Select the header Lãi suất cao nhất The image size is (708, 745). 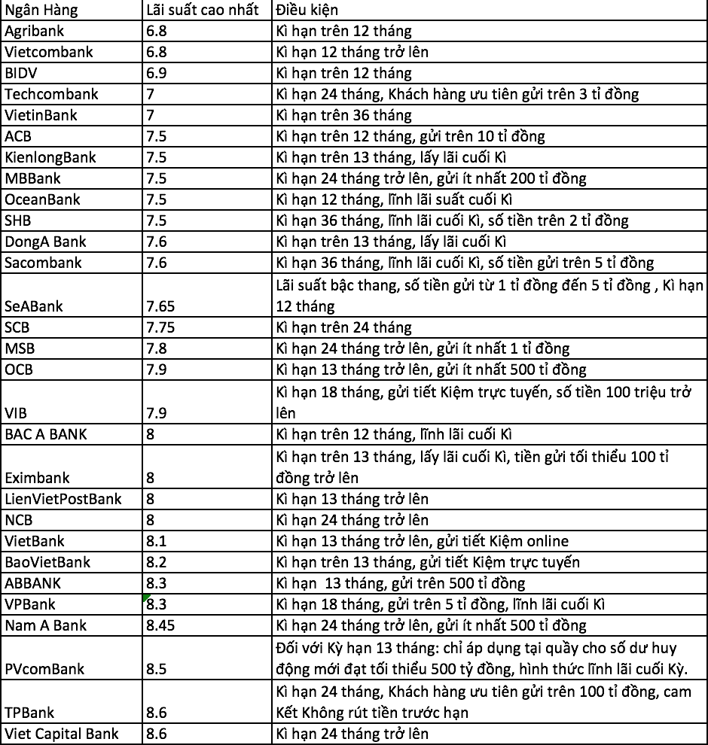[x=202, y=10]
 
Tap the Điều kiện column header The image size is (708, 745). [x=307, y=10]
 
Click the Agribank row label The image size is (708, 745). [x=35, y=32]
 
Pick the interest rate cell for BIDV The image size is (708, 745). [x=155, y=74]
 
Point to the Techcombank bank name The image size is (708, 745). [x=51, y=95]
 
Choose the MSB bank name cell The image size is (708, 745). [x=20, y=348]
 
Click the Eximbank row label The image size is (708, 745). [x=37, y=477]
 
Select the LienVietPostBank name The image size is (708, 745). [x=63, y=498]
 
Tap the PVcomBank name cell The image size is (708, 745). [x=44, y=669]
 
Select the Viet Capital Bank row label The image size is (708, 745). [x=62, y=734]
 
